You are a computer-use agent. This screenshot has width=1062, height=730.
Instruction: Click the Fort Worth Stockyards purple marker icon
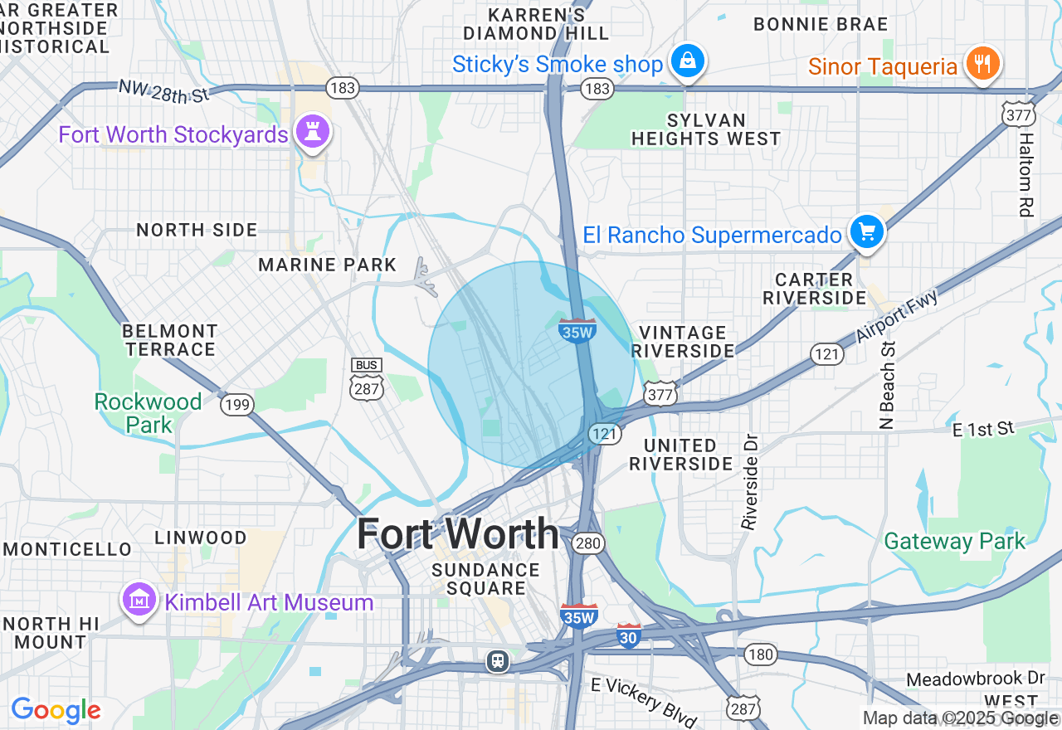(314, 132)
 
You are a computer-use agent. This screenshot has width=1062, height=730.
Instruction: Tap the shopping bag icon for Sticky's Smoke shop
(688, 61)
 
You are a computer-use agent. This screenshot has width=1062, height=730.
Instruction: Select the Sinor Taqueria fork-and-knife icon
(982, 64)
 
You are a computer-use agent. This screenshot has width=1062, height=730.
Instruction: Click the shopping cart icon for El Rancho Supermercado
(867, 231)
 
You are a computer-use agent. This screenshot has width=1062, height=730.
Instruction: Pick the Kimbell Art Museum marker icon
(139, 600)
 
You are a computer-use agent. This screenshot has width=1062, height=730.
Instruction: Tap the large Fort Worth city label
(458, 533)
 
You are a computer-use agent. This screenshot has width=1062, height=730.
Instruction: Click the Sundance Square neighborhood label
(485, 579)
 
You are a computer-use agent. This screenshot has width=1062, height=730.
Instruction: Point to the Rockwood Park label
(149, 413)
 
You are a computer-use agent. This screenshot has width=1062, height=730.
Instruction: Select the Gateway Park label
(954, 542)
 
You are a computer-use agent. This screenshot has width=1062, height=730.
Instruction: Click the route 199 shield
(236, 404)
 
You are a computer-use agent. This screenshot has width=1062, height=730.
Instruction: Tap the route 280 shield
(587, 543)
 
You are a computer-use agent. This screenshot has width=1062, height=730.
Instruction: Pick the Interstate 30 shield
(629, 635)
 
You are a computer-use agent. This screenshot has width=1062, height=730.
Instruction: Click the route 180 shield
(760, 655)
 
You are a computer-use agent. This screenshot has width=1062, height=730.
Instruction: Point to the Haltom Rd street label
(1027, 174)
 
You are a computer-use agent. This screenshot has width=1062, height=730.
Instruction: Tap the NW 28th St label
(164, 92)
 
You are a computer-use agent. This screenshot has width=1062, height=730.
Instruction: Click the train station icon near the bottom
(498, 660)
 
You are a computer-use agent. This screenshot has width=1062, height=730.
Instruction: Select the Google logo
(56, 710)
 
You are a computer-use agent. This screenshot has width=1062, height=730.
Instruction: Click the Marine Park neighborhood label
(327, 265)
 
